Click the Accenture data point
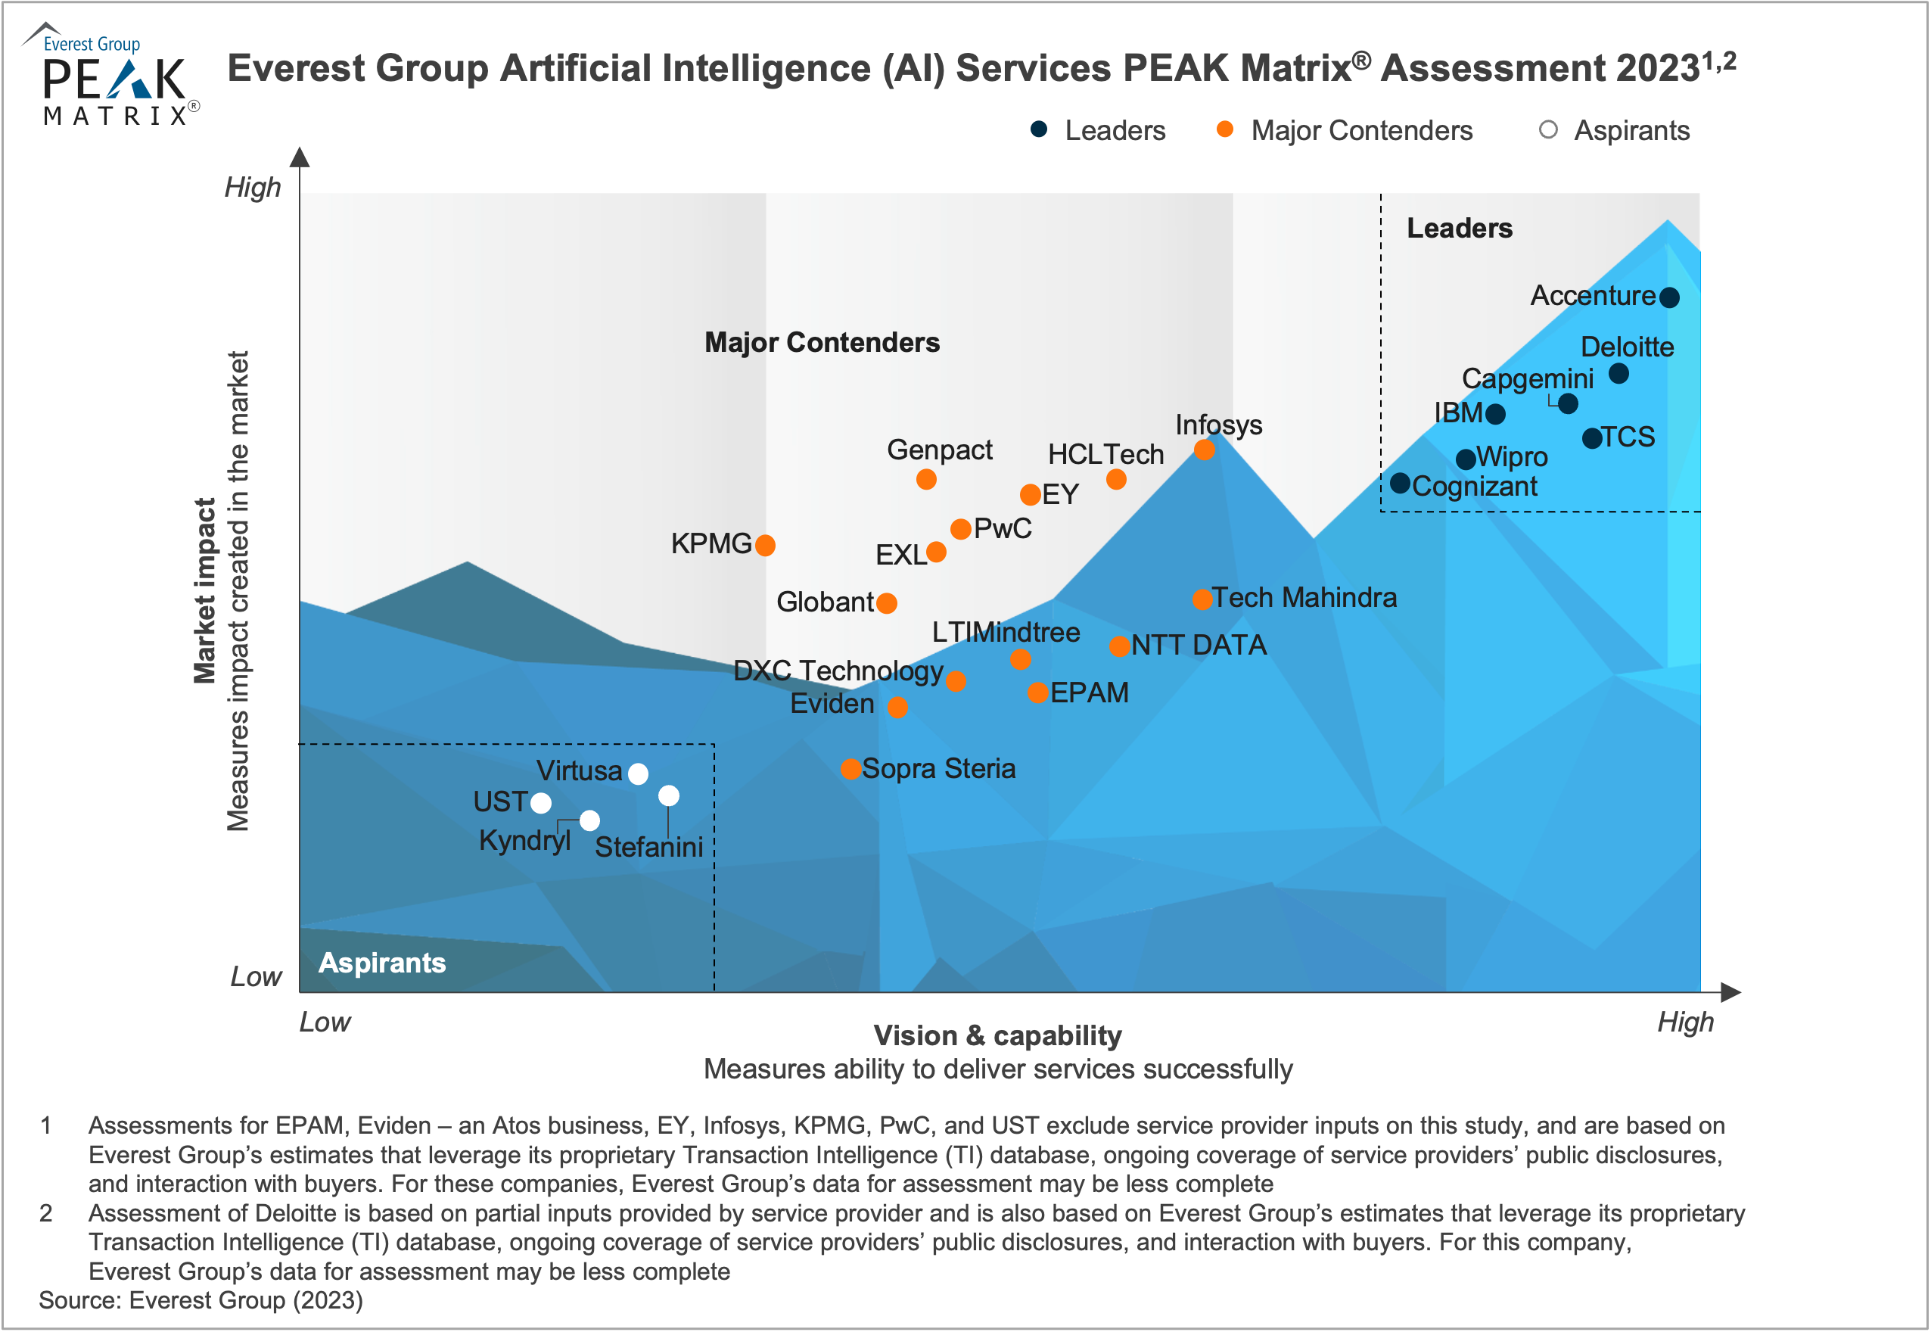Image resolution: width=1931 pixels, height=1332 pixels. [x=1669, y=297]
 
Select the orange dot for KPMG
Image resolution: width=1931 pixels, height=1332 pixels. [x=765, y=545]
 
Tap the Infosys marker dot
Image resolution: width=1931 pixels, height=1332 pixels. [x=1204, y=450]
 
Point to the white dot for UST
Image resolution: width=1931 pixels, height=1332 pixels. [x=541, y=803]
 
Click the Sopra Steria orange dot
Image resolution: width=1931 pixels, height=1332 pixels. [x=851, y=769]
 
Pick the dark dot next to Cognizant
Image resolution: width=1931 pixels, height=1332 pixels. [x=1401, y=482]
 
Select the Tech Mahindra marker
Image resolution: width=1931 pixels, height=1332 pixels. [x=1202, y=599]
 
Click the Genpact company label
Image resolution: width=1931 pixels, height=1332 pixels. [x=940, y=450]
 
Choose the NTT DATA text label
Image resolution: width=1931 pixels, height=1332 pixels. [x=1199, y=645]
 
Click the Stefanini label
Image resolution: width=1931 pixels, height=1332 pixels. [x=648, y=847]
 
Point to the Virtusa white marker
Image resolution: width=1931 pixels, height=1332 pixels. [x=639, y=773]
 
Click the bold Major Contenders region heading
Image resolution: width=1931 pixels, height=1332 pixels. [x=822, y=342]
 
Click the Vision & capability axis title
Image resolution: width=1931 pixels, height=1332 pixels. [x=997, y=1036]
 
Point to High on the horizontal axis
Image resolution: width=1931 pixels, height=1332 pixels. [x=1685, y=1022]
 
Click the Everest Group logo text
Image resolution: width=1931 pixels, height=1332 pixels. [x=92, y=44]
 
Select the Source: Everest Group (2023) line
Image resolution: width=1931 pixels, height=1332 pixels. [x=201, y=1300]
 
